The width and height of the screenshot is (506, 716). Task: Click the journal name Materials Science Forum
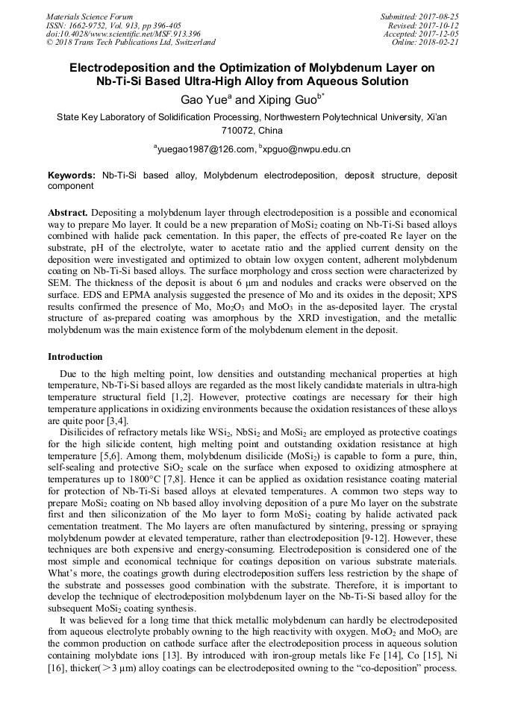(90, 16)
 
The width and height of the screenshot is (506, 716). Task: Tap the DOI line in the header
(123, 34)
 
